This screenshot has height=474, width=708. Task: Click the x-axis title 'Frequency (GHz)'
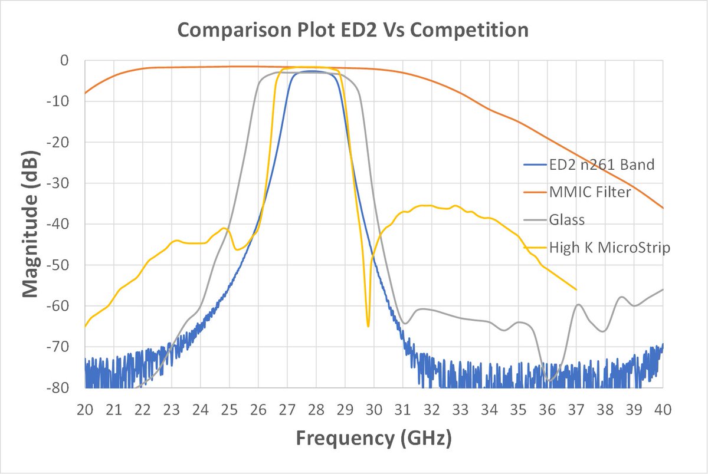tap(374, 438)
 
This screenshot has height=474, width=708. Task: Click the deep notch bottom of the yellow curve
tap(368, 326)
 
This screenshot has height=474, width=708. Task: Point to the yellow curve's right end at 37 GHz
tap(576, 289)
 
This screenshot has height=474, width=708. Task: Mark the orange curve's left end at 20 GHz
tap(86, 93)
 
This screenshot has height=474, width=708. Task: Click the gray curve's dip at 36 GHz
tap(549, 380)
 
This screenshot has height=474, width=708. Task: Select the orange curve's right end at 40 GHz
tap(663, 208)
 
